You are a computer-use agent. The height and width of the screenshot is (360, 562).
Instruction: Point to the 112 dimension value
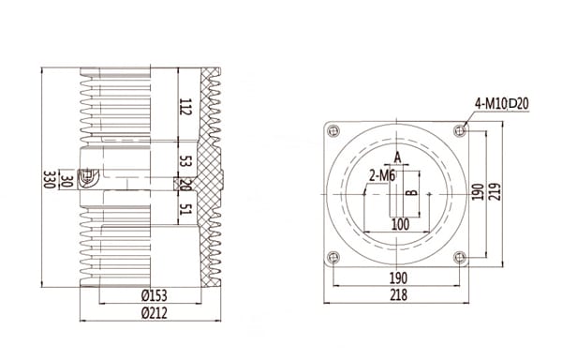point(185,108)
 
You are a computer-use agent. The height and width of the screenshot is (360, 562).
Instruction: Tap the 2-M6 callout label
point(380,174)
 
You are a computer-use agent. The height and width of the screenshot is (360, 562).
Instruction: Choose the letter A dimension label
point(397,157)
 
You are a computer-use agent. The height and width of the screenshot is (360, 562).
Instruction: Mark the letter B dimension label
point(409,193)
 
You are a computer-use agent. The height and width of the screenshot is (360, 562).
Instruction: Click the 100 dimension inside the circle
point(400,225)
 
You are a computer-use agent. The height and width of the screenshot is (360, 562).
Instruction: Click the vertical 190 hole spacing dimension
point(478,192)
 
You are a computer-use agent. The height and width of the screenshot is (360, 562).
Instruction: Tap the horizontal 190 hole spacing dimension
point(398,278)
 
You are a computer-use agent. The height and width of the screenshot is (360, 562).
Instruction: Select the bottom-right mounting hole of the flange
point(458,257)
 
